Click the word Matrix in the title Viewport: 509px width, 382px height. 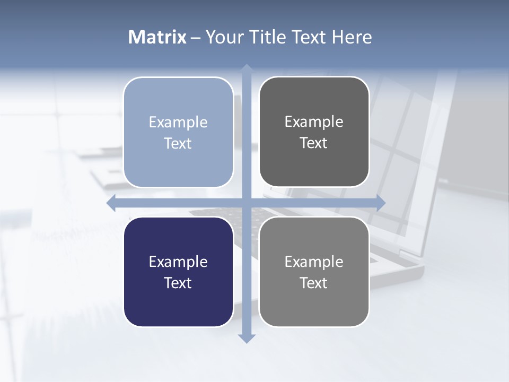tap(157, 37)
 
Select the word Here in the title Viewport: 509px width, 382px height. tap(352, 37)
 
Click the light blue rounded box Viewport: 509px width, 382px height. tap(178, 132)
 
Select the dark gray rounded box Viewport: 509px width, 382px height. tap(314, 132)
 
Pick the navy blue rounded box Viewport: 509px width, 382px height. tap(178, 272)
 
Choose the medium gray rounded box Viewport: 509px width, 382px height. tap(314, 272)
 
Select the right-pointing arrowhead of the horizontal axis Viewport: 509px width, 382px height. tap(381, 203)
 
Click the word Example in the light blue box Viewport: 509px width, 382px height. tap(178, 122)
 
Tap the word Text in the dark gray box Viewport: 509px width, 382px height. tap(314, 143)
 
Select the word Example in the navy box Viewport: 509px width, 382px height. tap(178, 262)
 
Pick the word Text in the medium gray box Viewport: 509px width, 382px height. tap(314, 283)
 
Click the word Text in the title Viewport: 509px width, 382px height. tap(308, 37)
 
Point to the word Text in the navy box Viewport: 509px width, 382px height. tap(178, 283)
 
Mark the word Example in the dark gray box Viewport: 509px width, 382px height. tap(314, 121)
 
